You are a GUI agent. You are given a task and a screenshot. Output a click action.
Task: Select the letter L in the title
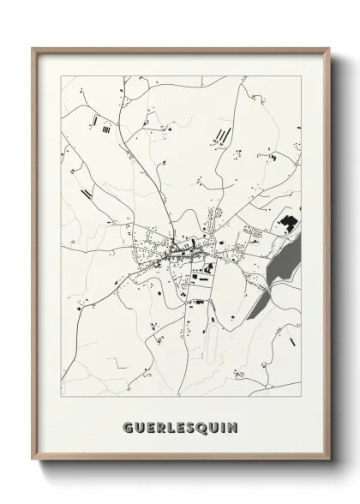coord(168,426)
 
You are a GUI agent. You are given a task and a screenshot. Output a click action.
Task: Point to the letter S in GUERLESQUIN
coord(190,426)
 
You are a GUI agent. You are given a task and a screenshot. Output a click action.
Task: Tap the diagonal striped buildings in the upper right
coord(225,135)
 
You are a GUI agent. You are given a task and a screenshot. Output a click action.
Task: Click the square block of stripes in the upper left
coord(105,131)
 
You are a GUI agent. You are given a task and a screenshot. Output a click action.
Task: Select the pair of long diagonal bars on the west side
coord(87,193)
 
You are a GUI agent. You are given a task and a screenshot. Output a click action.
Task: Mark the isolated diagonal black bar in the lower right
coord(294,341)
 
